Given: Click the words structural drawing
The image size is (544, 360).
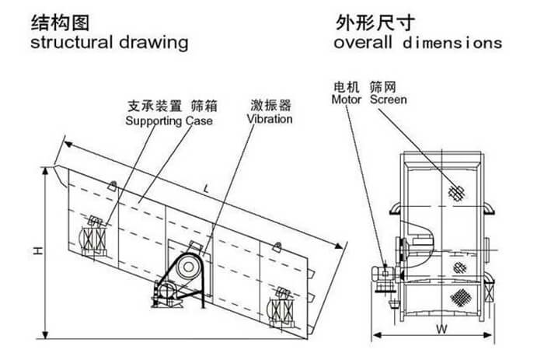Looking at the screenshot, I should pos(109,42).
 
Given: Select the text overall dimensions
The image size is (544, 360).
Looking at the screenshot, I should pos(417,42).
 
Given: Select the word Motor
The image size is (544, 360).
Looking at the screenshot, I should pos(347,100).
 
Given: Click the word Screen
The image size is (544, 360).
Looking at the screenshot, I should pos(388,100).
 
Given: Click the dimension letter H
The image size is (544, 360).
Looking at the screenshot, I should pos(37,250).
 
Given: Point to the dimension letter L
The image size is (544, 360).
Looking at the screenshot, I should pos(205,189).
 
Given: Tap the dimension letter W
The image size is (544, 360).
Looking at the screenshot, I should pos(441,328).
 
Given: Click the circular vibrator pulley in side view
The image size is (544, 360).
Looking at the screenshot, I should pos(187,267).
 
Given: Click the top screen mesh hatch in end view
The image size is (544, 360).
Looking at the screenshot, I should pos(455,191).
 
